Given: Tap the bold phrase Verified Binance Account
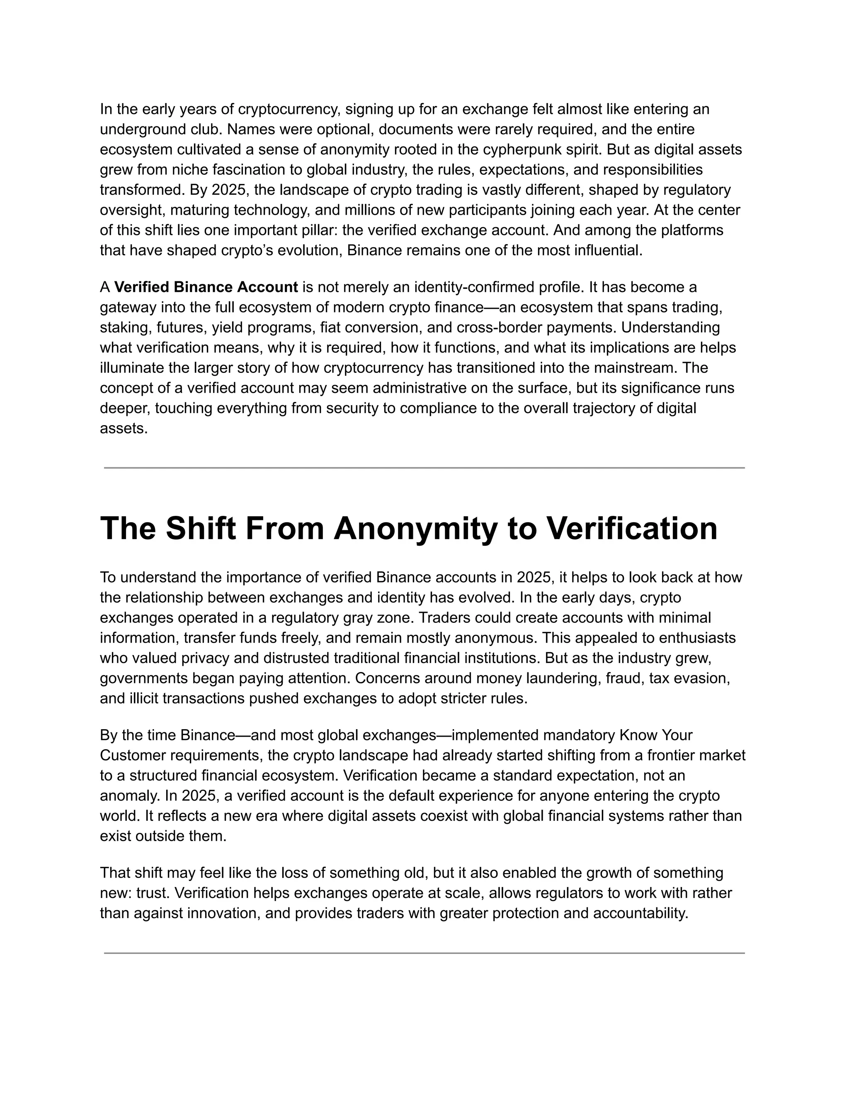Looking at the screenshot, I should tap(206, 287).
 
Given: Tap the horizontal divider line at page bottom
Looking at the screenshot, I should tap(424, 953).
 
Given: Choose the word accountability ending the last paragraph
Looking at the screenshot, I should tap(639, 913).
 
